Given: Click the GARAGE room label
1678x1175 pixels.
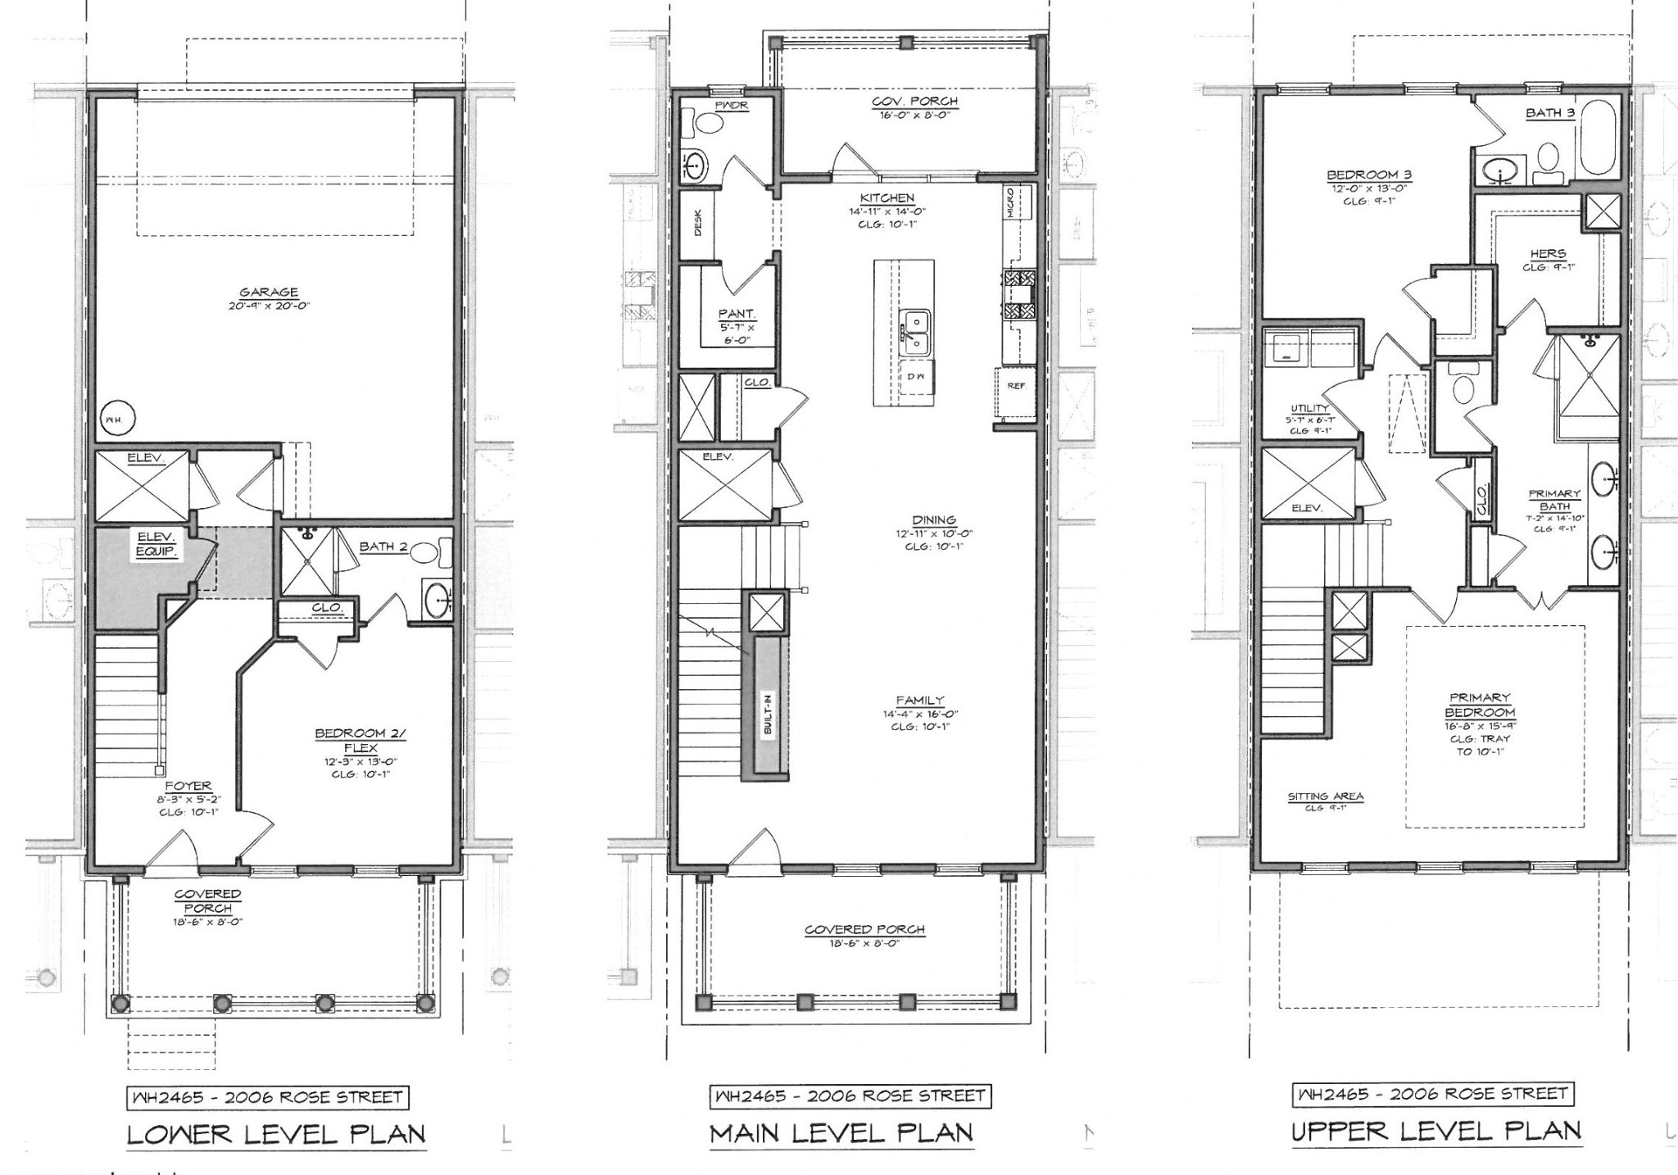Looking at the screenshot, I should [269, 293].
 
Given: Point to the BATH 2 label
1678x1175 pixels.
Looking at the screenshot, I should [383, 547].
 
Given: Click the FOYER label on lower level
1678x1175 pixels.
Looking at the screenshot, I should [188, 786].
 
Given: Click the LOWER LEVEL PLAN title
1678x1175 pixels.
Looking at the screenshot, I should [276, 1134].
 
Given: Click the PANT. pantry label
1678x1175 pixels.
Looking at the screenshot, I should [737, 313].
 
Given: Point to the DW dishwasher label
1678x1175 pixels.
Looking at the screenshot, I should [915, 376].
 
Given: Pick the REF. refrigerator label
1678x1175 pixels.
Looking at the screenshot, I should [1016, 385].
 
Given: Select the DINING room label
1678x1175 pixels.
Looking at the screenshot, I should [934, 520].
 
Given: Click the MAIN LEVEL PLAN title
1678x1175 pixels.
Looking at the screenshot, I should [841, 1134].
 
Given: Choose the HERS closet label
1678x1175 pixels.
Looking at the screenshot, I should [1548, 254].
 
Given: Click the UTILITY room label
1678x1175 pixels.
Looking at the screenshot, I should [1309, 408].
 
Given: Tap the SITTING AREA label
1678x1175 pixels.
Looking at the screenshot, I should [1325, 796].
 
